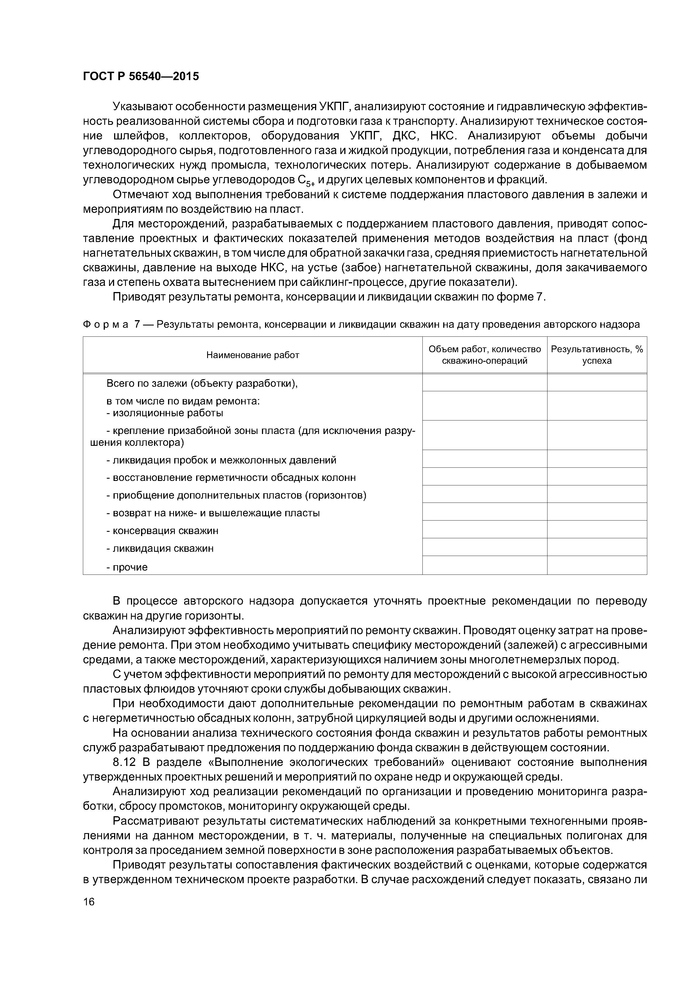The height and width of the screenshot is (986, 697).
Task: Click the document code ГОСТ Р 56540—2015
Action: click(x=141, y=77)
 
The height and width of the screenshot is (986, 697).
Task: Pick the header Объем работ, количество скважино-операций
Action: click(x=485, y=355)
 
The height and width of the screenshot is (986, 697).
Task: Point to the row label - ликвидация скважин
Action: click(x=160, y=548)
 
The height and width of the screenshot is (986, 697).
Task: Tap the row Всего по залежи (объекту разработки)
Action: click(x=202, y=383)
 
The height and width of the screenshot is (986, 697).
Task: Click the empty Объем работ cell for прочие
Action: click(x=485, y=565)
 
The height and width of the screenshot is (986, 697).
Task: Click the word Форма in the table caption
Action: click(x=105, y=325)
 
